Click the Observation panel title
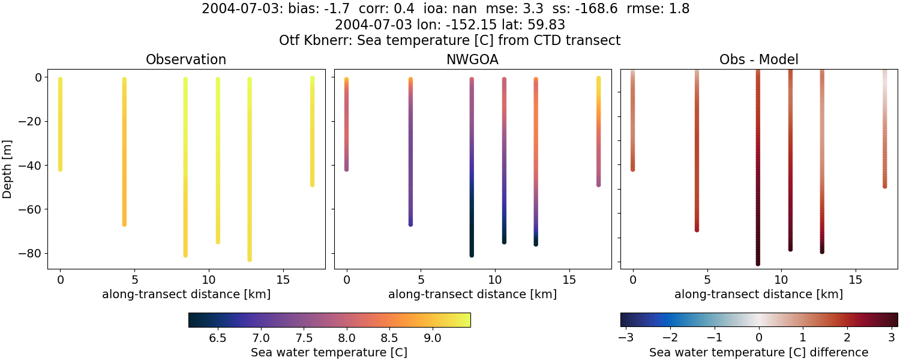point(186,59)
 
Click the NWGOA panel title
point(472,59)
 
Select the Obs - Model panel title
point(758,59)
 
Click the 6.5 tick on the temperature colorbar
point(217,338)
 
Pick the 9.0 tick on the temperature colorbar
point(433,338)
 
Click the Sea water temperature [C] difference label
point(758,352)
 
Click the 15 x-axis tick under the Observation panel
point(283,280)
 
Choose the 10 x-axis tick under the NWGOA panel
point(495,280)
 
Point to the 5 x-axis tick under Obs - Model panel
point(707,280)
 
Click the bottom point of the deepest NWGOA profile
point(472,255)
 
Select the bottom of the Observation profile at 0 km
point(60,169)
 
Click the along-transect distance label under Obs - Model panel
point(758,294)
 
